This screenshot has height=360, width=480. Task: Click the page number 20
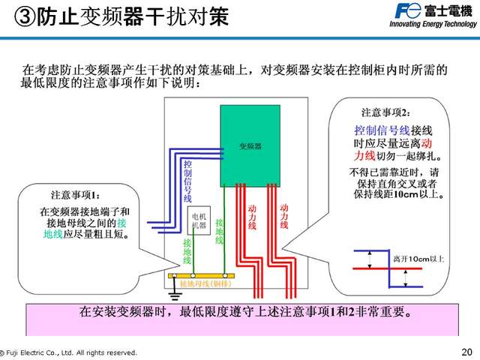point(466,352)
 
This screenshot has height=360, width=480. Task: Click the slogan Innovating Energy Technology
point(433,24)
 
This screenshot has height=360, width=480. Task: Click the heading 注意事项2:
point(386,112)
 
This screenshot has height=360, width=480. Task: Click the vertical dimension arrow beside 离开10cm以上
point(406,277)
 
